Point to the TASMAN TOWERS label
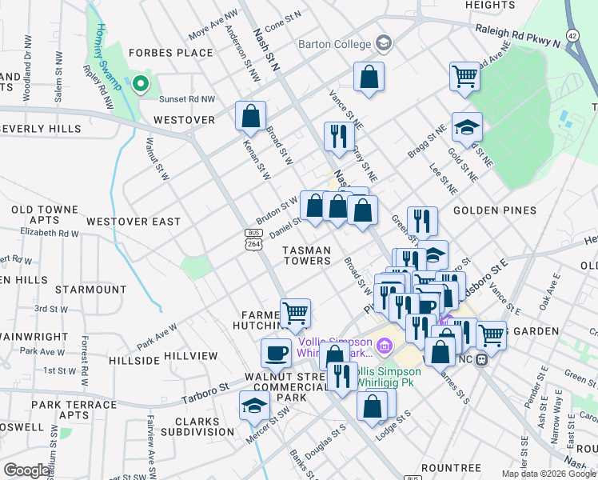click(307, 255)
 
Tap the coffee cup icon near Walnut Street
click(277, 352)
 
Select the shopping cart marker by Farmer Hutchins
click(295, 313)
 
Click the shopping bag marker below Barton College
click(369, 78)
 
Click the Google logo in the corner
click(27, 470)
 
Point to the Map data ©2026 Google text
click(548, 474)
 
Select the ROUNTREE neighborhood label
click(451, 468)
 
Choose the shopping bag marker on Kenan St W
click(251, 116)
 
